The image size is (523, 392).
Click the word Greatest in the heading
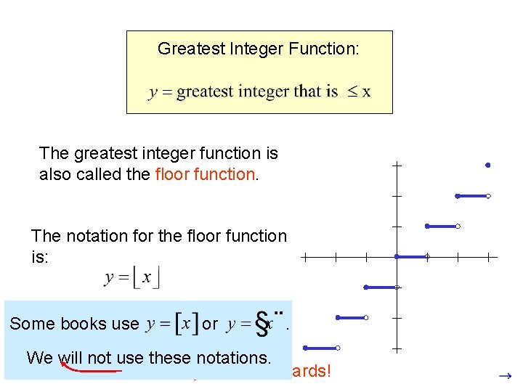pyautogui.click(x=185, y=49)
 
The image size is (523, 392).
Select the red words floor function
pyautogui.click(x=205, y=175)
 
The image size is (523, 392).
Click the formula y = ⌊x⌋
pyautogui.click(x=132, y=277)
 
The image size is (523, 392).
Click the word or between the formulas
pyautogui.click(x=210, y=324)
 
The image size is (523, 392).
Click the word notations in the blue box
pyautogui.click(x=233, y=357)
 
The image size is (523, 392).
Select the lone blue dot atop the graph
pyautogui.click(x=488, y=166)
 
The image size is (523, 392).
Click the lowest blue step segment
pyautogui.click(x=321, y=348)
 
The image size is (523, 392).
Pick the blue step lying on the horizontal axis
pyautogui.click(x=411, y=256)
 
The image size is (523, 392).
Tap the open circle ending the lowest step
pyautogui.click(x=338, y=348)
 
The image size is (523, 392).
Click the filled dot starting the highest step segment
pyautogui.click(x=458, y=196)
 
